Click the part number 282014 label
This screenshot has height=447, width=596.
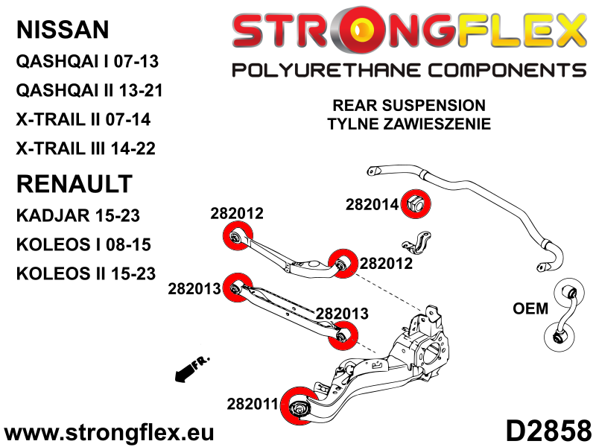pyautogui.click(x=372, y=204)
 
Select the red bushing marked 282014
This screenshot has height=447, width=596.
pyautogui.click(x=416, y=203)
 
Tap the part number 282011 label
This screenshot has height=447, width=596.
pyautogui.click(x=253, y=404)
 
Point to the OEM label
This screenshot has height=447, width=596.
pyautogui.click(x=530, y=308)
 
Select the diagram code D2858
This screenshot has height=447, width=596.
pyautogui.click(x=548, y=431)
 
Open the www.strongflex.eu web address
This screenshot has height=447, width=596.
pyautogui.click(x=109, y=433)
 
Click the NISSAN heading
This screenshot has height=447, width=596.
pyautogui.click(x=63, y=30)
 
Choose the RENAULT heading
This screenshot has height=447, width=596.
pyautogui.click(x=74, y=184)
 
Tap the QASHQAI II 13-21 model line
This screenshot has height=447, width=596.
pyautogui.click(x=89, y=90)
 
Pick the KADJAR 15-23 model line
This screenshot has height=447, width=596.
pyautogui.click(x=78, y=215)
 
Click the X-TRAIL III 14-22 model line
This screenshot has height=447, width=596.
pyautogui.click(x=86, y=148)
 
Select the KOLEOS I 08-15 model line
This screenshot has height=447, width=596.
pyautogui.click(x=83, y=244)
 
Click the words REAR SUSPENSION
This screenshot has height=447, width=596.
pyautogui.click(x=409, y=105)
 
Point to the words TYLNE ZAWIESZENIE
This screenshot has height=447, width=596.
pyautogui.click(x=409, y=124)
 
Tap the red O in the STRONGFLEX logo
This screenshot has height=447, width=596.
pyautogui.click(x=360, y=31)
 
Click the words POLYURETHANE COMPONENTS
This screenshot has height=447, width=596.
pyautogui.click(x=409, y=71)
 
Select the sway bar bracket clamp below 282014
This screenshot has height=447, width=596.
pyautogui.click(x=416, y=243)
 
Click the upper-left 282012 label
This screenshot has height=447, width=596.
pyautogui.click(x=237, y=213)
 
